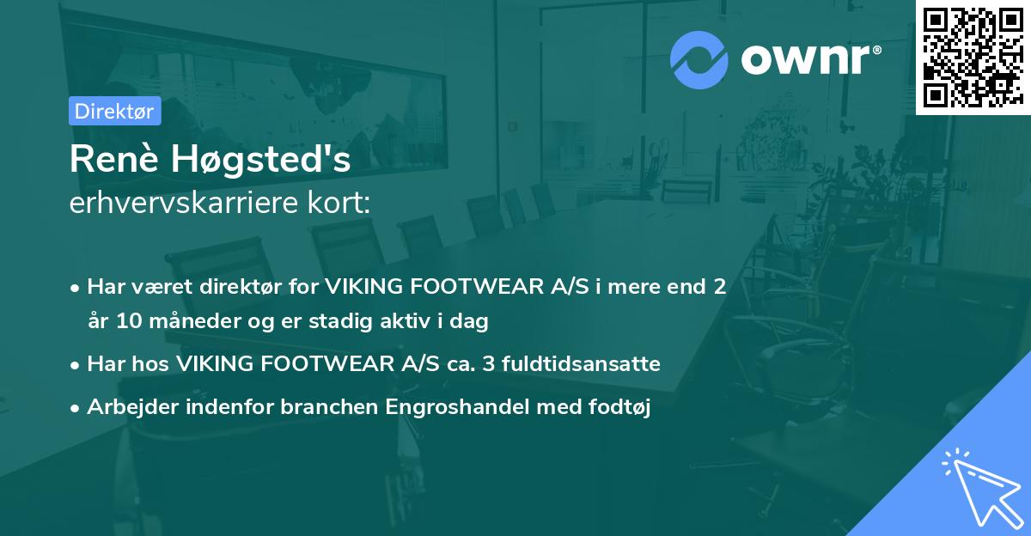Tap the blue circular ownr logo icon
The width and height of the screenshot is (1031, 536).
699,59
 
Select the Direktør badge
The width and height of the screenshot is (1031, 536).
114,111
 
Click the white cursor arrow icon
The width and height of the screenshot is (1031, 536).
979,490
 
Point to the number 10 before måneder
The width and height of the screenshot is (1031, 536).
125,322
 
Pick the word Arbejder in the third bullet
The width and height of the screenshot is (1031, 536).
127,407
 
